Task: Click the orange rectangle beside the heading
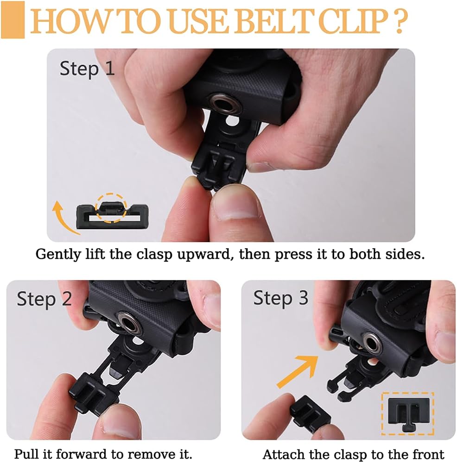[x=13, y=20]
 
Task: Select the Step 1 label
[x=87, y=69]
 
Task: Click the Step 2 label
[x=44, y=299]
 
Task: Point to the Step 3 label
[x=281, y=298]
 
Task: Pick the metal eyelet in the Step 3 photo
[x=373, y=343]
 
